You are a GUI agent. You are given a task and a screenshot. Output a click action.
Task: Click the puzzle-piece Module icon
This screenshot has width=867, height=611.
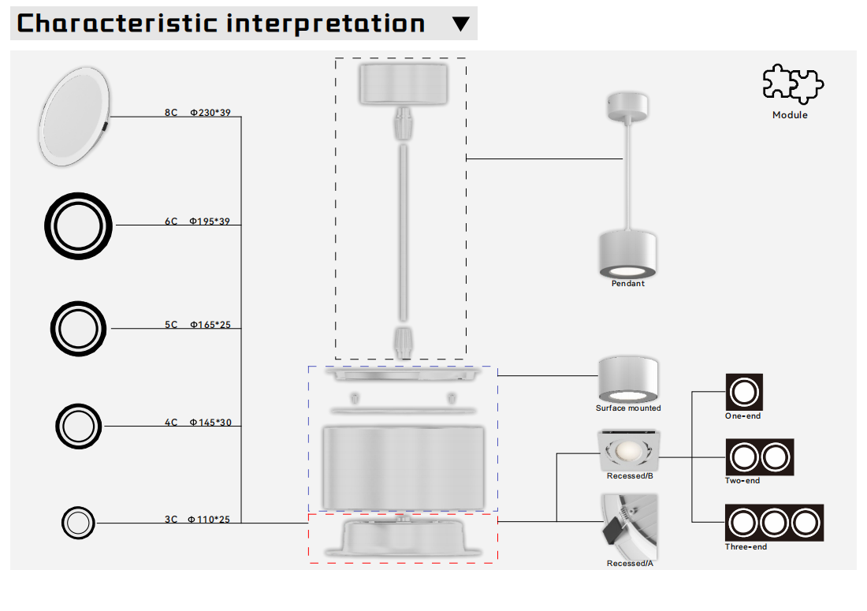point(792,84)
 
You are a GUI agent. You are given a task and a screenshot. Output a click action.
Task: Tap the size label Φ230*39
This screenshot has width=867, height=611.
point(210,113)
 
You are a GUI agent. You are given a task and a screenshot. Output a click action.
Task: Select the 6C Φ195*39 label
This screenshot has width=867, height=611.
point(197,222)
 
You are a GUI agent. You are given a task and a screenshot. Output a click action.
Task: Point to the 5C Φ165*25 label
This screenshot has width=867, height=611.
point(197,325)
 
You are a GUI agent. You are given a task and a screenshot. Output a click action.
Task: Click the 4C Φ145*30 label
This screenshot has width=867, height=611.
point(197,423)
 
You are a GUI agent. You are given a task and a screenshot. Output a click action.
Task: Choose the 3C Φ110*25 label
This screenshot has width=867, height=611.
point(197,520)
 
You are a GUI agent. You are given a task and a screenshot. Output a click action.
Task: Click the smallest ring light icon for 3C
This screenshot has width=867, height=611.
point(77,523)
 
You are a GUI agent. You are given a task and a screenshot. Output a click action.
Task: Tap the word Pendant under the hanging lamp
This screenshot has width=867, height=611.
point(627,284)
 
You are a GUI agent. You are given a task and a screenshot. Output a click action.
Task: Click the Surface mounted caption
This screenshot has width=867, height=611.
point(627,408)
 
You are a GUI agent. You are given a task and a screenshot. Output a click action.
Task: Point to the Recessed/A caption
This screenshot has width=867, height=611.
point(629,564)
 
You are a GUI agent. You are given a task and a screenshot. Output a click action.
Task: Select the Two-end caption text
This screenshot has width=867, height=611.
point(742,481)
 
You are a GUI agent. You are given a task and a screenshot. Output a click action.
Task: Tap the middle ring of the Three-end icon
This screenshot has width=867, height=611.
point(774,523)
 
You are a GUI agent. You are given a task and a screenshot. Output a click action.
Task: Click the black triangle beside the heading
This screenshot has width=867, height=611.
point(461,24)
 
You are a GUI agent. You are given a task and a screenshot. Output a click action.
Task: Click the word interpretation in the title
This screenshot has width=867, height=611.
point(326,24)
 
